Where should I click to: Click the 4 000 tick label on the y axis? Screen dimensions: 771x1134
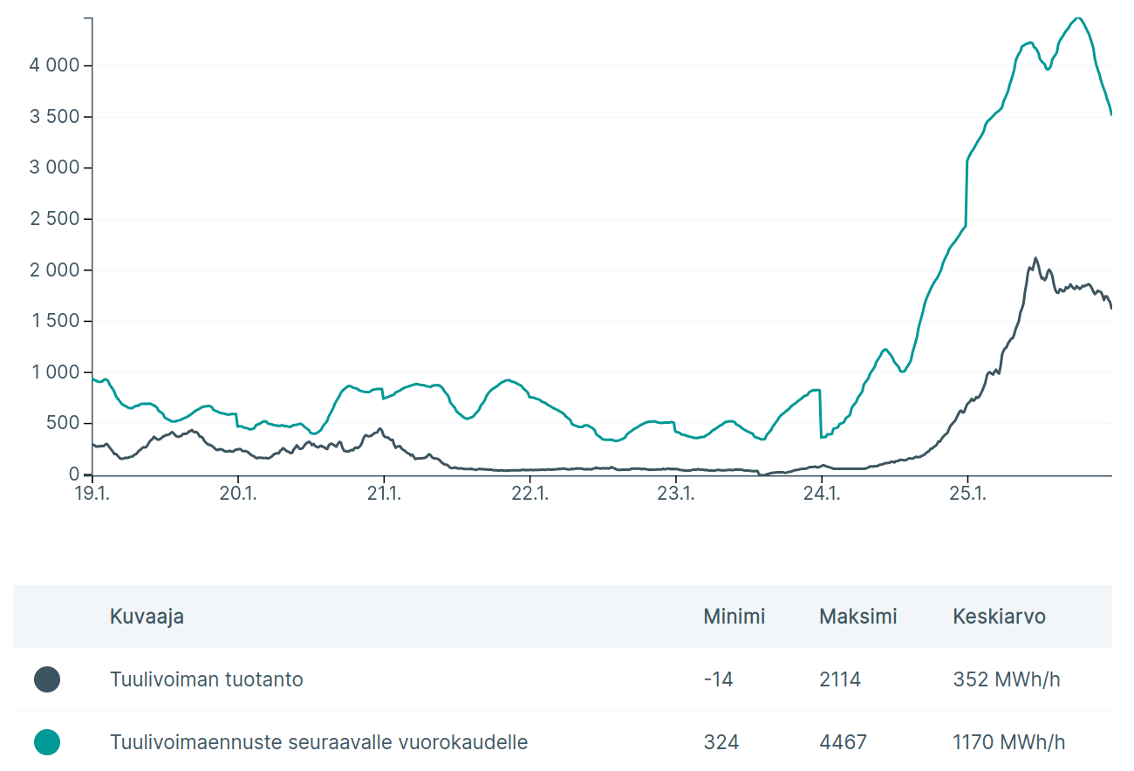point(55,65)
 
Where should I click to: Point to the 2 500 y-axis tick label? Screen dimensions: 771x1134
point(55,219)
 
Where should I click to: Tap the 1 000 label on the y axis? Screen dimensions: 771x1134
point(55,372)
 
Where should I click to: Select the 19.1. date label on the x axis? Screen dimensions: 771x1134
point(92,494)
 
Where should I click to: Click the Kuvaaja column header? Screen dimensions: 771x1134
point(147,617)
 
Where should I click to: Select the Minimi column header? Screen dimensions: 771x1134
point(734,617)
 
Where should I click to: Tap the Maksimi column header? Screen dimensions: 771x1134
point(857,617)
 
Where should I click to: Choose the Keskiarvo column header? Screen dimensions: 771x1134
point(999,617)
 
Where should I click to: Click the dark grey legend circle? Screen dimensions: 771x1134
point(47,679)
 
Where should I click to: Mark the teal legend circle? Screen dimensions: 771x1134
point(47,742)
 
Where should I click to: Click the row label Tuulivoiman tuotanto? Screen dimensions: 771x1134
point(207,679)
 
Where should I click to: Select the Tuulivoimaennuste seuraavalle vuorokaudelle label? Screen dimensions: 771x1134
point(318,742)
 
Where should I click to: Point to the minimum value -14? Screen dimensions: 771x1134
point(718,679)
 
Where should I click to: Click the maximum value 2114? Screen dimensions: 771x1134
point(840,679)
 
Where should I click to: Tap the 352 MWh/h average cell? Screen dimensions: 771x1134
point(1007,679)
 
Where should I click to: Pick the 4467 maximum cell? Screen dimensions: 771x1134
point(843,742)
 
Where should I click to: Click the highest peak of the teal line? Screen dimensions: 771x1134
point(1078,18)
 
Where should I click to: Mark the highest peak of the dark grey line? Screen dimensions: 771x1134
point(1035,258)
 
